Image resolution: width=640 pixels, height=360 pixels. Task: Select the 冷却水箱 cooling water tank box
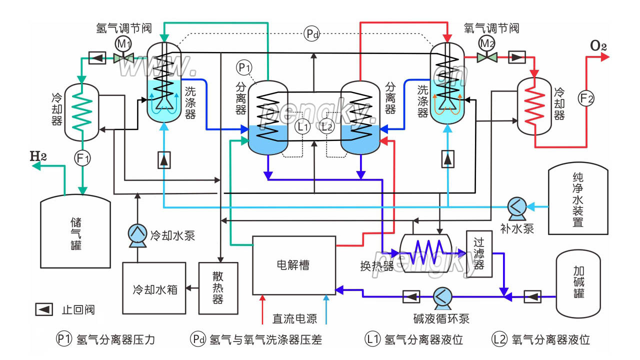pos(154,288)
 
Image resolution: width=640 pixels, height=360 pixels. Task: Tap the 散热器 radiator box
pos(217,288)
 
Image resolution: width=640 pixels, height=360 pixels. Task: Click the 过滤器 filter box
pos(478,254)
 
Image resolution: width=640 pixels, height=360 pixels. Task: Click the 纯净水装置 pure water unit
pos(578,200)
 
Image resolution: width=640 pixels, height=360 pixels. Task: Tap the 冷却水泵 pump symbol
pos(136,234)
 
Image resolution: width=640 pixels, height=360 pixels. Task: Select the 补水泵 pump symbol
pos(515,206)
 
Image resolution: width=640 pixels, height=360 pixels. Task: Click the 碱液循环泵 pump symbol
pos(441,296)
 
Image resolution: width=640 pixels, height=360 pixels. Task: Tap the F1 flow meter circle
pos(82,159)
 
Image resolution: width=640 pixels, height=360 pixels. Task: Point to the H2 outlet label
pos(38,155)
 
